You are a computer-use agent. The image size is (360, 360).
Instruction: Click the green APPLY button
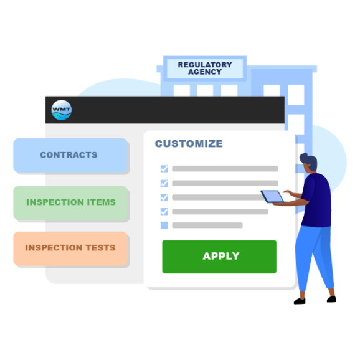219,257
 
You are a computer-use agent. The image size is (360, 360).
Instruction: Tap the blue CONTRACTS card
70,155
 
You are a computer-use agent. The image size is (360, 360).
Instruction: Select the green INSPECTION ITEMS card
70,202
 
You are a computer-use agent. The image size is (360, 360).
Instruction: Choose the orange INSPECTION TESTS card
70,249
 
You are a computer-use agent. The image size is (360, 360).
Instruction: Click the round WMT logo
61,110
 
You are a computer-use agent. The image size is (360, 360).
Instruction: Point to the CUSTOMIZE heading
189,144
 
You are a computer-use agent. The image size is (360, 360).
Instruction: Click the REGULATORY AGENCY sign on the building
205,69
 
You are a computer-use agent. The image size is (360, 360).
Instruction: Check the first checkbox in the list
164,169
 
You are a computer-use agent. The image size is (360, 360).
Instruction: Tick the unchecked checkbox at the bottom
164,225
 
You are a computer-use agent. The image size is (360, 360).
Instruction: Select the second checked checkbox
164,183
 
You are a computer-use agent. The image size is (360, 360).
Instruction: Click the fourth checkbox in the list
164,212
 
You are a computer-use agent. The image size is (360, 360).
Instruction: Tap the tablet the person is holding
273,197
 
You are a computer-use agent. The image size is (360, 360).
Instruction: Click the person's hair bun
303,158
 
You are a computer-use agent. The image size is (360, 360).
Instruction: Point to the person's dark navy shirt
316,200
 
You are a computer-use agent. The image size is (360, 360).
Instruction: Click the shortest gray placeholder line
207,225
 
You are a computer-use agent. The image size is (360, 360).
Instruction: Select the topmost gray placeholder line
225,169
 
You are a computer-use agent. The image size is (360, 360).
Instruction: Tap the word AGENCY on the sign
205,72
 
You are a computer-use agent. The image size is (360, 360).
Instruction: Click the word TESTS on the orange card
100,248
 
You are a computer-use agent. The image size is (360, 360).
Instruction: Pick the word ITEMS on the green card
102,202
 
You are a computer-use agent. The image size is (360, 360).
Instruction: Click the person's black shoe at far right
331,299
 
